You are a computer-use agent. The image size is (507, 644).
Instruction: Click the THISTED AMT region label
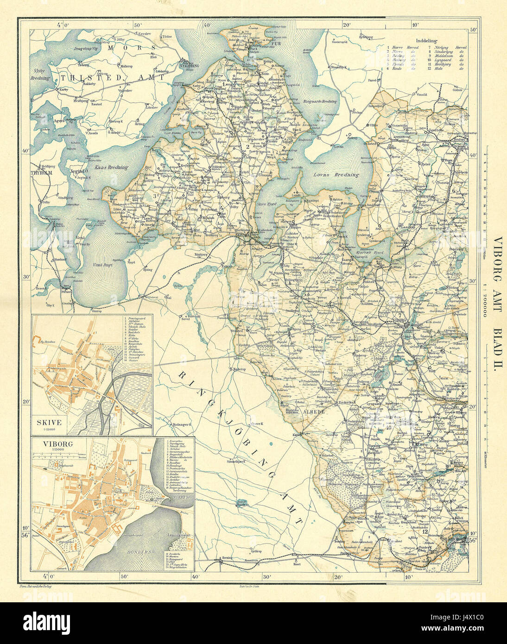[x=111, y=78]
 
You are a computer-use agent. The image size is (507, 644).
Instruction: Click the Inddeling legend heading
[x=426, y=41]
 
